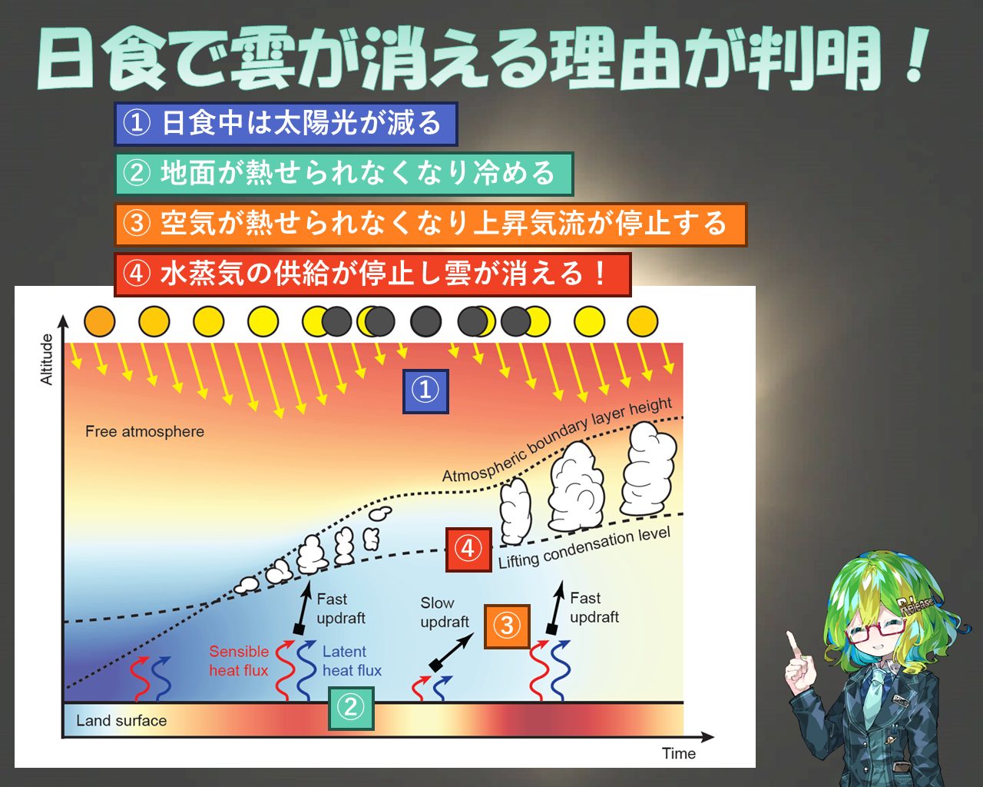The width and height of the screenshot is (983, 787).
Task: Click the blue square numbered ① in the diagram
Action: [x=425, y=391]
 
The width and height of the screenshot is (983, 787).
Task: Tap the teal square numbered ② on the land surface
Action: [x=351, y=708]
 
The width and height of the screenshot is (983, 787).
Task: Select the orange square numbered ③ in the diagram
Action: [x=507, y=626]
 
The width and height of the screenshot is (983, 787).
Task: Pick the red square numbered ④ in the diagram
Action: [x=468, y=550]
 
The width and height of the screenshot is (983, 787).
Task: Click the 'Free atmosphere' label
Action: [x=144, y=431]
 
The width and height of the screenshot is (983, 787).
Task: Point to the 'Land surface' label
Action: [x=121, y=721]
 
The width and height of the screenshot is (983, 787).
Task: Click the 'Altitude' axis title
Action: [x=47, y=360]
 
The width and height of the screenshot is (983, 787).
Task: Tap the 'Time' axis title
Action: [x=679, y=753]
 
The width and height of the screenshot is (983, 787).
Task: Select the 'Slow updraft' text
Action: [x=445, y=613]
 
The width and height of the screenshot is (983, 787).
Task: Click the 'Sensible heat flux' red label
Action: [x=239, y=661]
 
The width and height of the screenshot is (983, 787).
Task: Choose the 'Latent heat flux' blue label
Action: [x=352, y=661]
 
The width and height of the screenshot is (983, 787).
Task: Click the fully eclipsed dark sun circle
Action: [x=425, y=321]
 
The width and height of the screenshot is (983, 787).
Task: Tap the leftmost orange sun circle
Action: [x=100, y=321]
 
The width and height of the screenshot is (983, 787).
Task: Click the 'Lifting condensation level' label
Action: [x=584, y=547]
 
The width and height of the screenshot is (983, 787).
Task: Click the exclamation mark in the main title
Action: [x=917, y=55]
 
